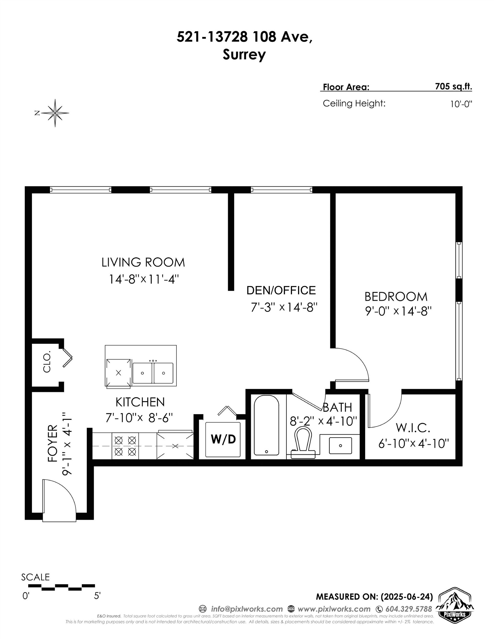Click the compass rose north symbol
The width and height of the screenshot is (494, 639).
55,113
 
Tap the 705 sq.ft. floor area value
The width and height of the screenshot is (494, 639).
453,87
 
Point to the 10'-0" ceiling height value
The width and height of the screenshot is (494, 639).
461,104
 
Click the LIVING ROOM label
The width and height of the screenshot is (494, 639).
143,262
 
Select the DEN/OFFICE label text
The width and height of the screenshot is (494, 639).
281,291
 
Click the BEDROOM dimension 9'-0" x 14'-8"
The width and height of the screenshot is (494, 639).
398,311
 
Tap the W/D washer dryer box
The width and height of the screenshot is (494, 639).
223,439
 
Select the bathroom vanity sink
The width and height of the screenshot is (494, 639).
340,445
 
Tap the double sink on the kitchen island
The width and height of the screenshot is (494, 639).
153,373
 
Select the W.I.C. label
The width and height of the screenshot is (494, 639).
413,428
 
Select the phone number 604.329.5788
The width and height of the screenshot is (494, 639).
409,609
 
